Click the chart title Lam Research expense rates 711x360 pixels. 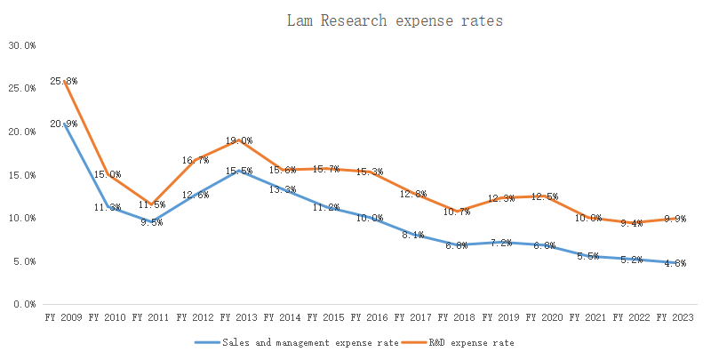(395, 20)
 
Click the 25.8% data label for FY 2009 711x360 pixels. (63, 81)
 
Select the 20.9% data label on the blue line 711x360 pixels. (63, 124)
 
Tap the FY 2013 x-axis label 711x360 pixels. (239, 316)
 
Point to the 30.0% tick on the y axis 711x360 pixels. (22, 45)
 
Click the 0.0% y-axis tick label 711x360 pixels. (25, 304)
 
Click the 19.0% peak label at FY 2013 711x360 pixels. (239, 140)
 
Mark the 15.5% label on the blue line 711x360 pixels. (239, 170)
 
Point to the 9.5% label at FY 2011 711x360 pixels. (152, 222)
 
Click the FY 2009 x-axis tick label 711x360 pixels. (63, 316)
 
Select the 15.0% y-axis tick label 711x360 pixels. (22, 175)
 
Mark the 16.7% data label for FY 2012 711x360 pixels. (196, 160)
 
